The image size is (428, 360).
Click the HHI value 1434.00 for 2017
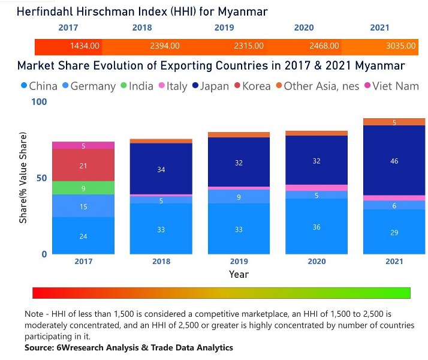(85, 46)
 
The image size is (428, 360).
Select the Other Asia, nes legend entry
(317, 86)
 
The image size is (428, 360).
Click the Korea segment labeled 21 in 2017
(83, 165)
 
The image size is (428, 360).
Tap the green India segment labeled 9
(83, 188)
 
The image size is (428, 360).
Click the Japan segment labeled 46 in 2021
(394, 161)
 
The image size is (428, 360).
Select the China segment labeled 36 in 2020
(317, 227)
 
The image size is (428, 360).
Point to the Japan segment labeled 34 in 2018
(161, 169)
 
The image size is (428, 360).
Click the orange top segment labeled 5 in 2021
(394, 122)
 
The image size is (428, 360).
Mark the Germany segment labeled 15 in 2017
(83, 206)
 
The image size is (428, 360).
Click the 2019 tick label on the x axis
(239, 262)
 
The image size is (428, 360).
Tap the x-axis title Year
(239, 274)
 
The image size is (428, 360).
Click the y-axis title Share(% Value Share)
(23, 178)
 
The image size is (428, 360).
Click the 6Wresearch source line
(128, 347)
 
